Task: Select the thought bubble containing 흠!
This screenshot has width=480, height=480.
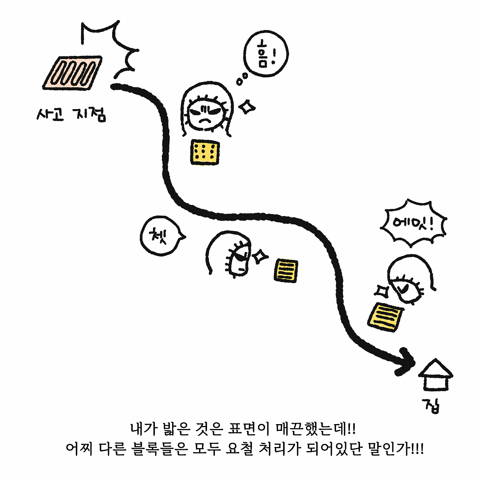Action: [266, 54]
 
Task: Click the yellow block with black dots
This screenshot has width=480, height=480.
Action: [205, 151]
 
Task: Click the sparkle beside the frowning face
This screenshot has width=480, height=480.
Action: [247, 107]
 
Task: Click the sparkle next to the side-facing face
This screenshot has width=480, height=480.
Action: [260, 256]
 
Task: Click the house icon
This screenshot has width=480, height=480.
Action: [435, 375]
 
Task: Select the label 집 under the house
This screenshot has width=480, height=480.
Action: [432, 405]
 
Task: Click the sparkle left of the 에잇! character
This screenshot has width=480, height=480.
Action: [382, 291]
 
